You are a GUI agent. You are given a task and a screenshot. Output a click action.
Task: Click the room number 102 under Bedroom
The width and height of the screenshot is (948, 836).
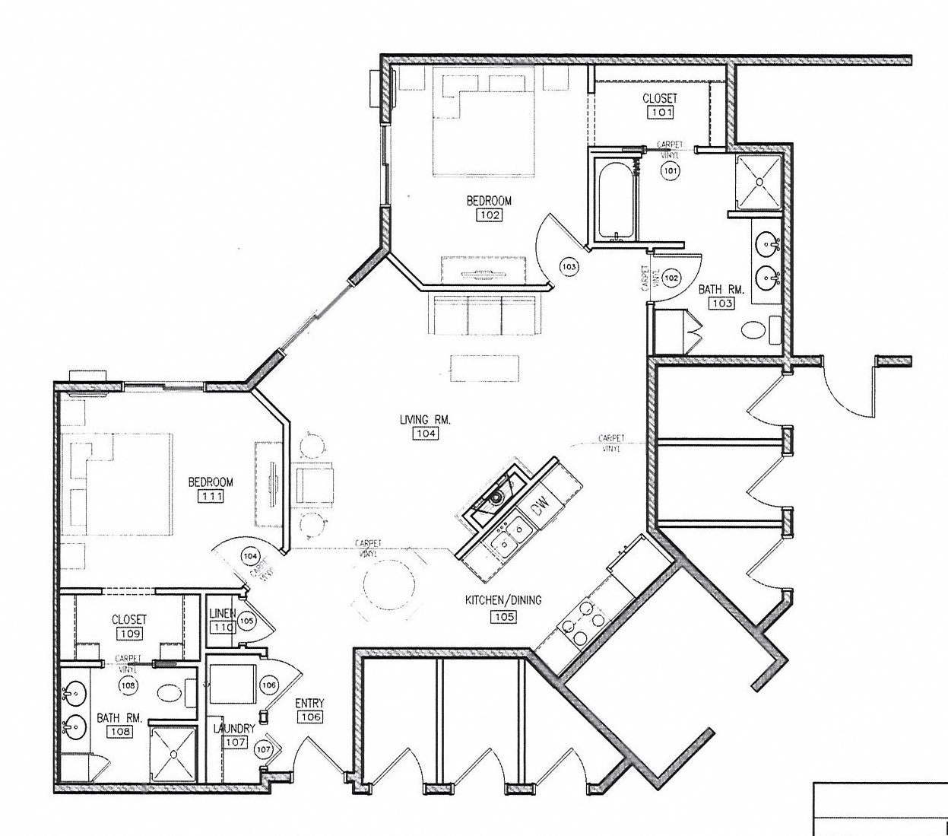coord(489,215)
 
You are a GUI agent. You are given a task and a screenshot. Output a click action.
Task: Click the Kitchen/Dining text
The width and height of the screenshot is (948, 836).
coord(503,600)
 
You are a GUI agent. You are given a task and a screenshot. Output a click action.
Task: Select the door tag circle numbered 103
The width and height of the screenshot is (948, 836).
coord(569,266)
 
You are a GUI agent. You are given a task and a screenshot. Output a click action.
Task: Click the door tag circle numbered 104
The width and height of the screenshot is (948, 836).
coord(250,556)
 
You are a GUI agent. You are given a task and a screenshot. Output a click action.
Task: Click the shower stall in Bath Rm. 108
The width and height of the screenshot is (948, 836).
coord(173,753)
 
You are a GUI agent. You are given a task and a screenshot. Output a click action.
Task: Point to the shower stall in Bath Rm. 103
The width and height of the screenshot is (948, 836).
coord(759,183)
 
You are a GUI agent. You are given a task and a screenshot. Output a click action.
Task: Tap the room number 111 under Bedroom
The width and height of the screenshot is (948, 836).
coord(210,496)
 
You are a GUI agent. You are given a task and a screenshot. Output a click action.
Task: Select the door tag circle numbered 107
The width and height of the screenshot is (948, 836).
coord(263,750)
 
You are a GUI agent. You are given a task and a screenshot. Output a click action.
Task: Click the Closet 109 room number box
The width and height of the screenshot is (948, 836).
coord(128,634)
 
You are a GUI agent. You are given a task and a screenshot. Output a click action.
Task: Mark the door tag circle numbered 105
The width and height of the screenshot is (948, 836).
coord(246,621)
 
